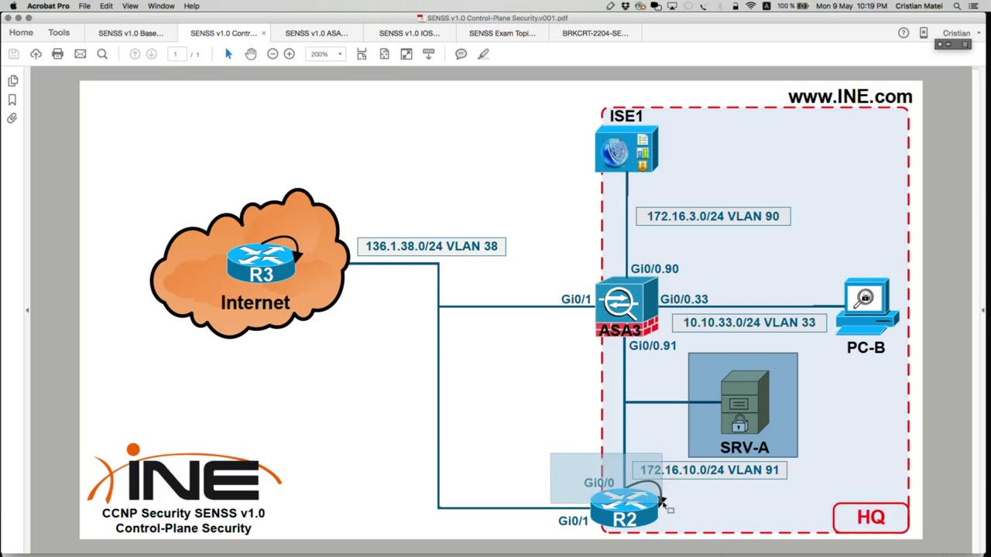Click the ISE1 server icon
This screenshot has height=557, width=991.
[626, 151]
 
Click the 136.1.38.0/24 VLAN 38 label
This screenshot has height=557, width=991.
[431, 246]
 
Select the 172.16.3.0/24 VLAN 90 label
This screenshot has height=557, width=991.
[713, 217]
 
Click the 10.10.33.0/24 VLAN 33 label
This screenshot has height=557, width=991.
[749, 323]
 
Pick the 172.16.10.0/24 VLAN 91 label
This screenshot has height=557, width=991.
[709, 470]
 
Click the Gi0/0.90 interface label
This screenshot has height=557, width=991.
[654, 269]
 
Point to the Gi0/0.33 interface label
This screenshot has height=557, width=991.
[684, 299]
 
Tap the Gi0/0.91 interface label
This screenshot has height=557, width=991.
[652, 346]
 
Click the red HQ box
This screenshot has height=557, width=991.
[871, 518]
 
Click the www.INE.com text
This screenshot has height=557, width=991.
[849, 97]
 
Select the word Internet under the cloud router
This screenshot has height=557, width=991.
[255, 302]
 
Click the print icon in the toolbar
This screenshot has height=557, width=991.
[57, 54]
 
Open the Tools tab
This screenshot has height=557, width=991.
[59, 33]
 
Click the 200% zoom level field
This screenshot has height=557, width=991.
[320, 54]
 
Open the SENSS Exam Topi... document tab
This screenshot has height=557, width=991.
[502, 33]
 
